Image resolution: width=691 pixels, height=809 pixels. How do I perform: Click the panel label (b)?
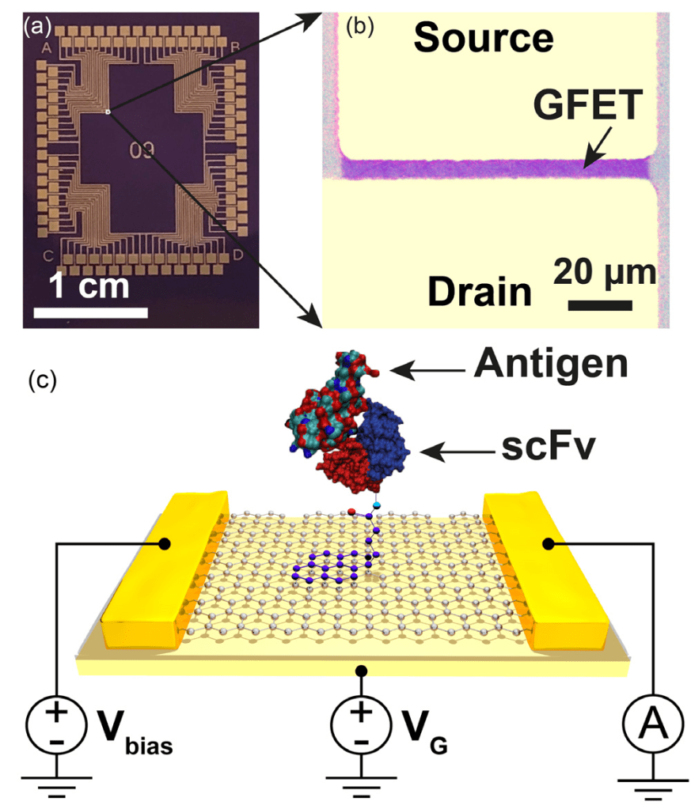point(361,27)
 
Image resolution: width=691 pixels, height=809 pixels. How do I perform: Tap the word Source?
point(483,37)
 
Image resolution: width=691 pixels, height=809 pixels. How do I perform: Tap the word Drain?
point(479,292)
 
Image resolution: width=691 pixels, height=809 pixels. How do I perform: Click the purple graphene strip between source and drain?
point(491,167)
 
